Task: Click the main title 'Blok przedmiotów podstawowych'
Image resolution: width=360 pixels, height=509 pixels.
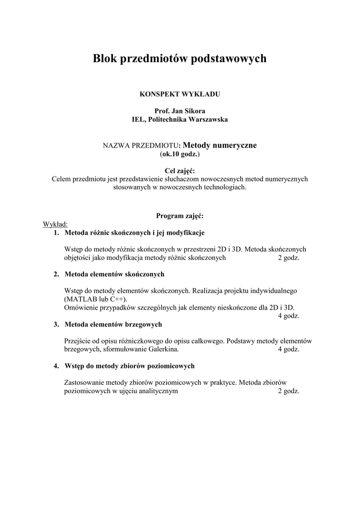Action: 180,59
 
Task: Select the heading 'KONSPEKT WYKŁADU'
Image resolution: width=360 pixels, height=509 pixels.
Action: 180,93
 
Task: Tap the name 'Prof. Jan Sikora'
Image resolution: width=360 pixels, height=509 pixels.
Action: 180,111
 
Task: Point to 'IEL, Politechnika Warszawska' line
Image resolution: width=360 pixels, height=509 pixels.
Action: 180,119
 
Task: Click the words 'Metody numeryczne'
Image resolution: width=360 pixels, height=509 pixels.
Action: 220,145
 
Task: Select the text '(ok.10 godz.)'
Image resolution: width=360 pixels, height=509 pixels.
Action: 180,155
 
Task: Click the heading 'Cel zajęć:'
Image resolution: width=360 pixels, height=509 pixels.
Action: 180,171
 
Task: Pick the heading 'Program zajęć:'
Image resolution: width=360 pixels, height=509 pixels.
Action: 180,216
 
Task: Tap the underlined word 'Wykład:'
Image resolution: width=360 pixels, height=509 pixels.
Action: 55,224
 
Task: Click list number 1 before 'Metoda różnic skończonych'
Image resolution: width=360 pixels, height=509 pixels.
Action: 56,233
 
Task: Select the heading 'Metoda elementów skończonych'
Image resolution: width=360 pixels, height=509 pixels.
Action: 114,274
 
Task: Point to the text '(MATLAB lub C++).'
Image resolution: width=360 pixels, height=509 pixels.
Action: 95,299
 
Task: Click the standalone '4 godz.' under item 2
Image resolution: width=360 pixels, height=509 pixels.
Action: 288,316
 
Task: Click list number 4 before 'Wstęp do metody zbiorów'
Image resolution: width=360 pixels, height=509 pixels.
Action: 56,366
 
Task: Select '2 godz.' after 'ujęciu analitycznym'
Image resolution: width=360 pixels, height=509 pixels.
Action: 288,391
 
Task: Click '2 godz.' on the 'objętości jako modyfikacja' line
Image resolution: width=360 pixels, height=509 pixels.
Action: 288,258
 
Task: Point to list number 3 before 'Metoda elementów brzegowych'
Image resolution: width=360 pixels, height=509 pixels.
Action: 56,325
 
